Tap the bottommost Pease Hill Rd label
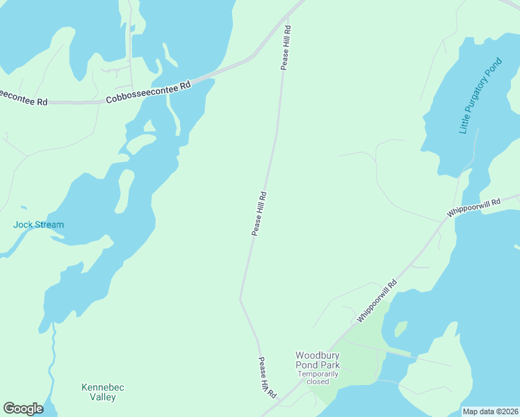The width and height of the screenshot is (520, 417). (x=267, y=377)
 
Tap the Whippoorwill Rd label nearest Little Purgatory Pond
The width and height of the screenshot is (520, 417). (x=474, y=208)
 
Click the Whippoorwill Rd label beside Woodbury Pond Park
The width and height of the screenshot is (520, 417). (x=377, y=300)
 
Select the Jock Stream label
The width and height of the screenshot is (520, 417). (x=38, y=224)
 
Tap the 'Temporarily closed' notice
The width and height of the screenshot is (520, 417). (x=318, y=377)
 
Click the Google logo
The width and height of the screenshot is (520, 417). (x=23, y=409)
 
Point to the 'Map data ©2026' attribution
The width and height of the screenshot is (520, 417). (x=490, y=411)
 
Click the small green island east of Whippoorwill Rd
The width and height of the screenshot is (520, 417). (x=400, y=327)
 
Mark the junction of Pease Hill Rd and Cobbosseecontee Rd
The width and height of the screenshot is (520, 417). (x=291, y=13)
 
